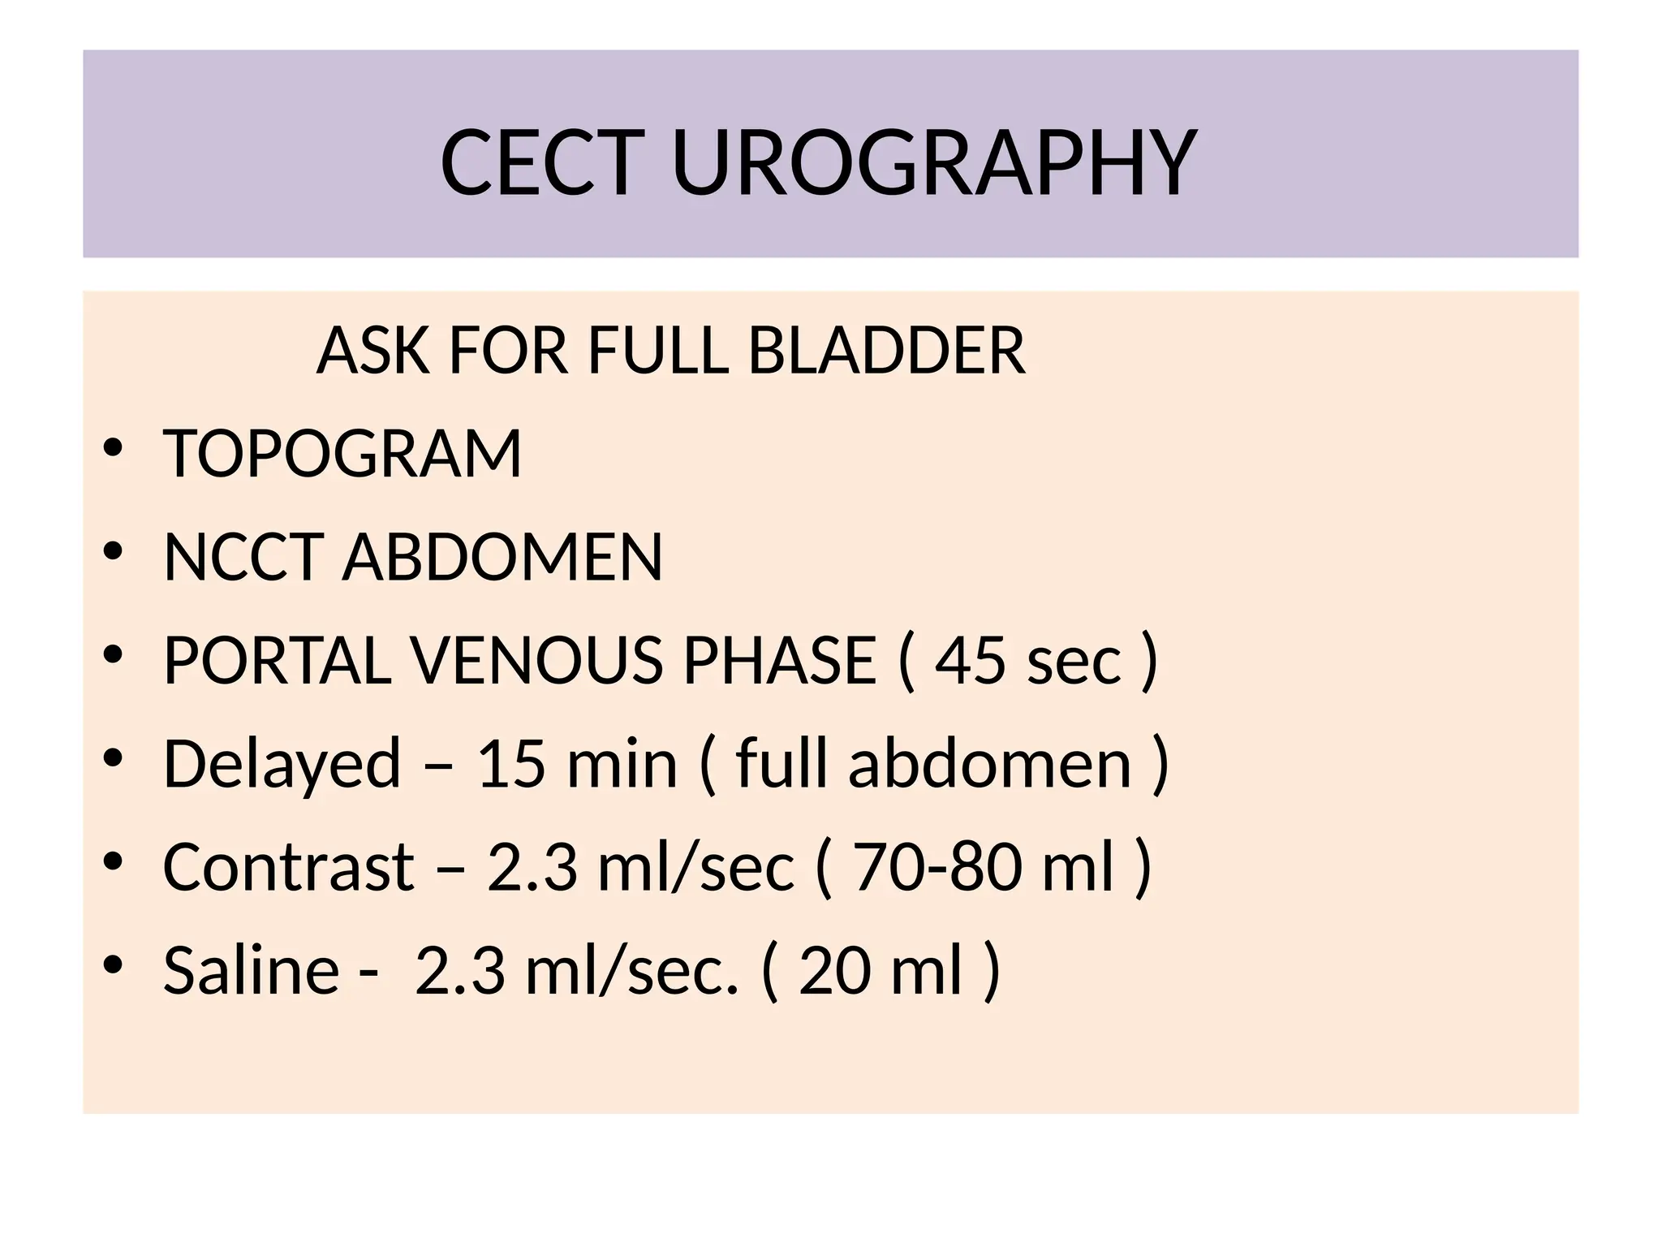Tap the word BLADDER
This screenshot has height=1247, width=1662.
click(886, 351)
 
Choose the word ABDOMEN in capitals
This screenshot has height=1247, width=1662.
click(502, 557)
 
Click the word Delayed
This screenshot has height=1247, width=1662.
click(282, 763)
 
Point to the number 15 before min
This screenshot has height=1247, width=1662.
click(511, 763)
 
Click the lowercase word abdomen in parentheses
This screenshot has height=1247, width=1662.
click(989, 763)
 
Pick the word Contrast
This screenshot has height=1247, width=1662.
click(289, 866)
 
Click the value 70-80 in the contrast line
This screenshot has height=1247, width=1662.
click(937, 866)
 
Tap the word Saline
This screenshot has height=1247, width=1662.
click(251, 969)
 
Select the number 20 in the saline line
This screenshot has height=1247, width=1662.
click(833, 969)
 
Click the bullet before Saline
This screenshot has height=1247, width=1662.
click(113, 964)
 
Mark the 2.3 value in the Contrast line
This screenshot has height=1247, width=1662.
click(532, 866)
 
